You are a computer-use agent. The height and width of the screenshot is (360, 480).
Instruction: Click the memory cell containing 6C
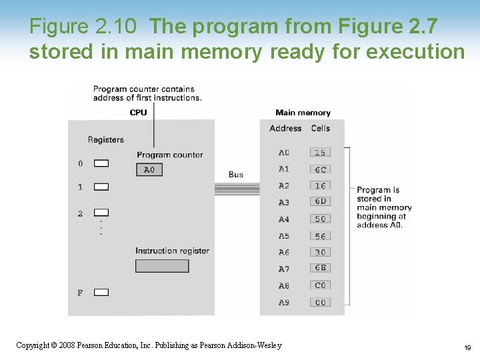click(321, 169)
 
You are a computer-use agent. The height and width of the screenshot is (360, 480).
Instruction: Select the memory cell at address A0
click(321, 153)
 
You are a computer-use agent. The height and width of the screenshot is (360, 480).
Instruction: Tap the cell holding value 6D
click(321, 201)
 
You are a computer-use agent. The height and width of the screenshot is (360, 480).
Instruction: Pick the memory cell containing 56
click(321, 236)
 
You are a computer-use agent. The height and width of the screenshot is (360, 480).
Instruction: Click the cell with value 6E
click(321, 268)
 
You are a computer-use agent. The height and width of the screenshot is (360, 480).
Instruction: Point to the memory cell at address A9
click(321, 303)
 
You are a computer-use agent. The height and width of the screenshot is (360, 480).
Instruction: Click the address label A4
click(284, 219)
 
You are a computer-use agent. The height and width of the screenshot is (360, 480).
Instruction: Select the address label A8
click(284, 286)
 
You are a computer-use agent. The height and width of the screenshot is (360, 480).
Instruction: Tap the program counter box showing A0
click(149, 170)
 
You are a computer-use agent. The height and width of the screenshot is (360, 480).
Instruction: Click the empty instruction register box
click(162, 266)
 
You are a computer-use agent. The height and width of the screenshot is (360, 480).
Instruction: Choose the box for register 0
click(101, 163)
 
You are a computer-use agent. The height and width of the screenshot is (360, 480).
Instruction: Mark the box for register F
click(101, 292)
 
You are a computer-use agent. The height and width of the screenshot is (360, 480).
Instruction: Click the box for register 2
click(101, 213)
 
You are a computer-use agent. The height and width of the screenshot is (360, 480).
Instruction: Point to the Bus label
click(236, 175)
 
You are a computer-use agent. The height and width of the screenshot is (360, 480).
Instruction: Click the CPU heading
click(139, 113)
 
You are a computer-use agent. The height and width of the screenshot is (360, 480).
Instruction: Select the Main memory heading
click(303, 113)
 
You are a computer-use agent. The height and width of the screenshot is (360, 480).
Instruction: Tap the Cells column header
click(321, 128)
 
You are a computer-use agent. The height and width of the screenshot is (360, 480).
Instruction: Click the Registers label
click(106, 139)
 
